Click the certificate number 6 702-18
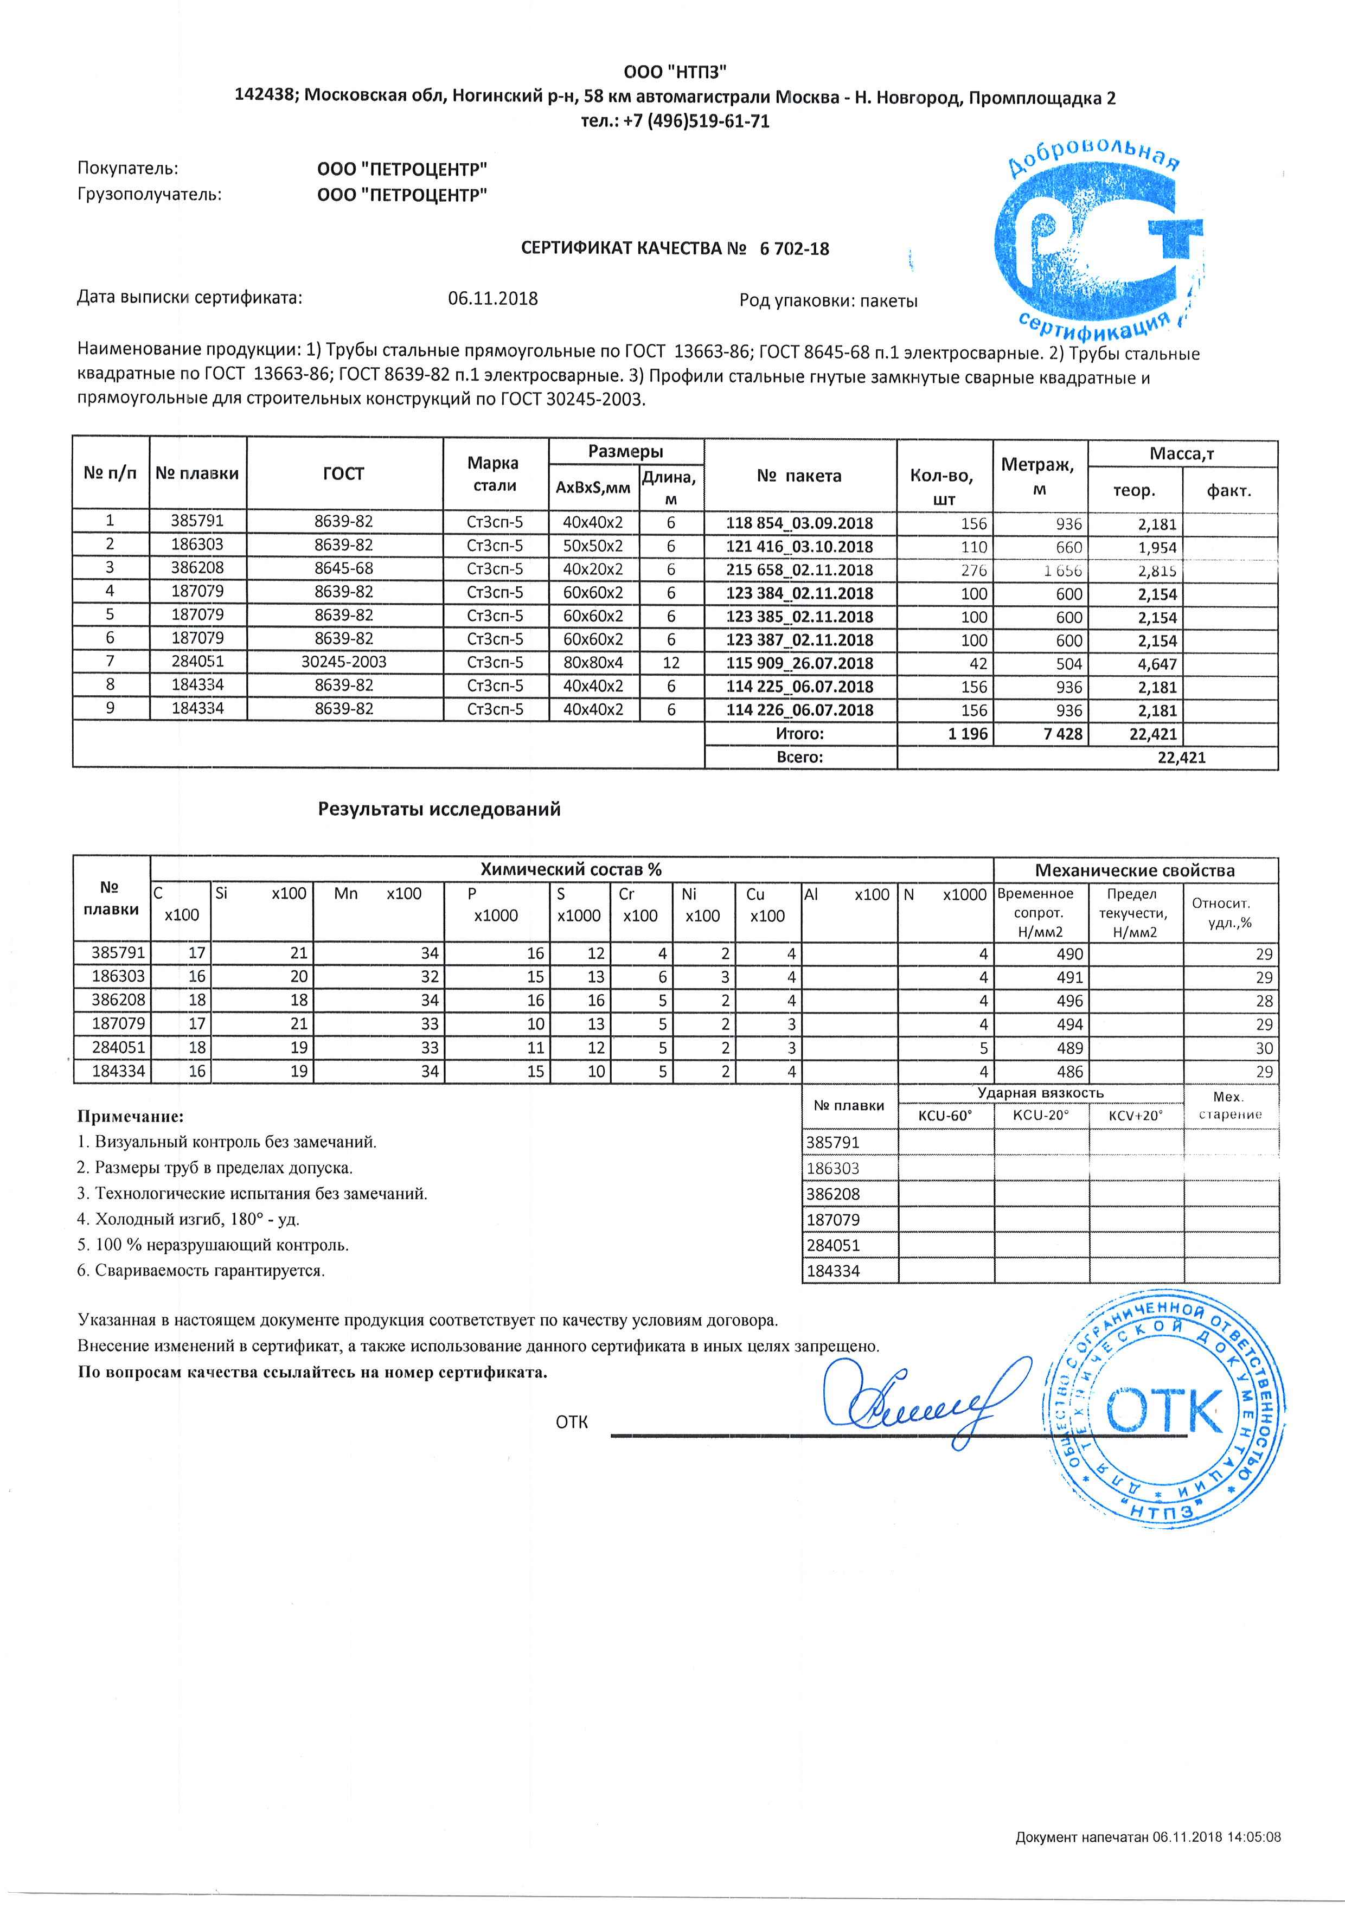pos(794,248)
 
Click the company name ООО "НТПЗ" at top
pos(675,72)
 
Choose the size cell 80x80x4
pos(593,663)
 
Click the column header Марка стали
pos(493,474)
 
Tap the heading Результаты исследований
pos(439,809)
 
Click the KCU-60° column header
pos(945,1116)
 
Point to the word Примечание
pos(130,1117)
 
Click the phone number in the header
pos(675,121)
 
